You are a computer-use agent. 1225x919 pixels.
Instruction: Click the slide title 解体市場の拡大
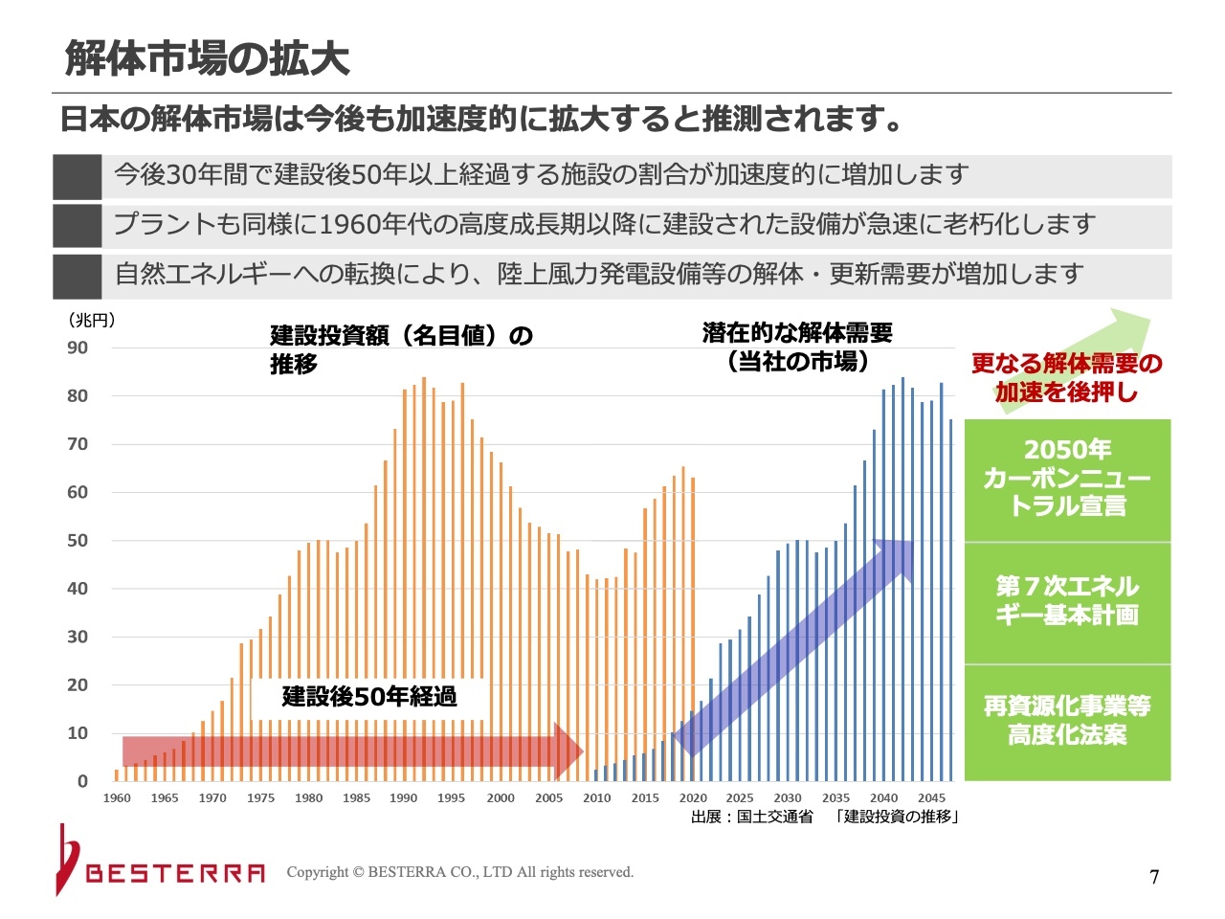[x=207, y=58]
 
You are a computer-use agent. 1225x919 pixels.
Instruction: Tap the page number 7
[x=1154, y=877]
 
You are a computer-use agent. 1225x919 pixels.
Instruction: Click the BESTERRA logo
[x=163, y=866]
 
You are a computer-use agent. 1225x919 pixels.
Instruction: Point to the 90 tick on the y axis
[x=78, y=347]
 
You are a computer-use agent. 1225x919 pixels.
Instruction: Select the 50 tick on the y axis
[x=78, y=540]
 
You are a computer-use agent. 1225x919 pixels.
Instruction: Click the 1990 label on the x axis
[x=404, y=797]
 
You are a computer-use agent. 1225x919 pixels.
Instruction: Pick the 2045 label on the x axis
[x=931, y=797]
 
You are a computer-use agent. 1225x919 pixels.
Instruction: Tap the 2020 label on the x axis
[x=693, y=797]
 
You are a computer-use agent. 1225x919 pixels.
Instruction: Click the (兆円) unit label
[x=91, y=320]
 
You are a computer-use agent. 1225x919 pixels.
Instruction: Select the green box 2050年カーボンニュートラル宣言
[x=1067, y=479]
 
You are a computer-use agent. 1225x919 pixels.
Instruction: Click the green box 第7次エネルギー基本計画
[x=1067, y=601]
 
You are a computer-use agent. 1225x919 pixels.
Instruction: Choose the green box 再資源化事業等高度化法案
[x=1067, y=721]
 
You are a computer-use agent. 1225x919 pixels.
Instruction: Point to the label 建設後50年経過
[x=369, y=696]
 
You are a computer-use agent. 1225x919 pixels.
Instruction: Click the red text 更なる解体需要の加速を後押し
[x=1067, y=377]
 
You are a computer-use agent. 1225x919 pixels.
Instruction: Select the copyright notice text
[x=460, y=872]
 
